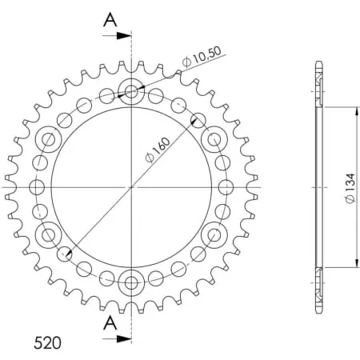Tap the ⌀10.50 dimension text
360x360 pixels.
coord(202,57)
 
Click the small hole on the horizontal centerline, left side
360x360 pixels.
coord(36,187)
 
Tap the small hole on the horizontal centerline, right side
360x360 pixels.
coord(226,187)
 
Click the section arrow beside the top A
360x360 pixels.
coord(122,35)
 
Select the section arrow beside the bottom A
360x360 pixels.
coord(122,338)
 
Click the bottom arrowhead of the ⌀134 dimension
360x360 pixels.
coord(356,263)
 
